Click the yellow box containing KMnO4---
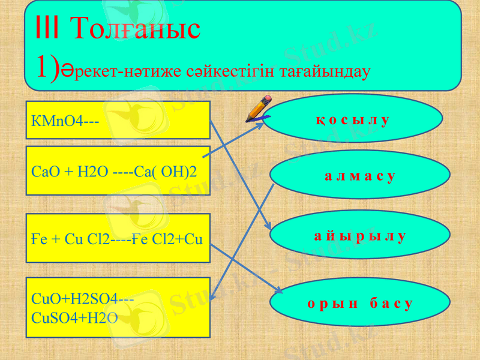point(118,120)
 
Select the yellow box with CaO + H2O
point(118,170)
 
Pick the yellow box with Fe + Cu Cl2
point(118,238)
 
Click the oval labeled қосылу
point(353,120)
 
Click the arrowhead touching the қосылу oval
point(259,125)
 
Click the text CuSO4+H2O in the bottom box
point(74,317)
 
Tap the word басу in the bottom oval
point(391,303)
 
